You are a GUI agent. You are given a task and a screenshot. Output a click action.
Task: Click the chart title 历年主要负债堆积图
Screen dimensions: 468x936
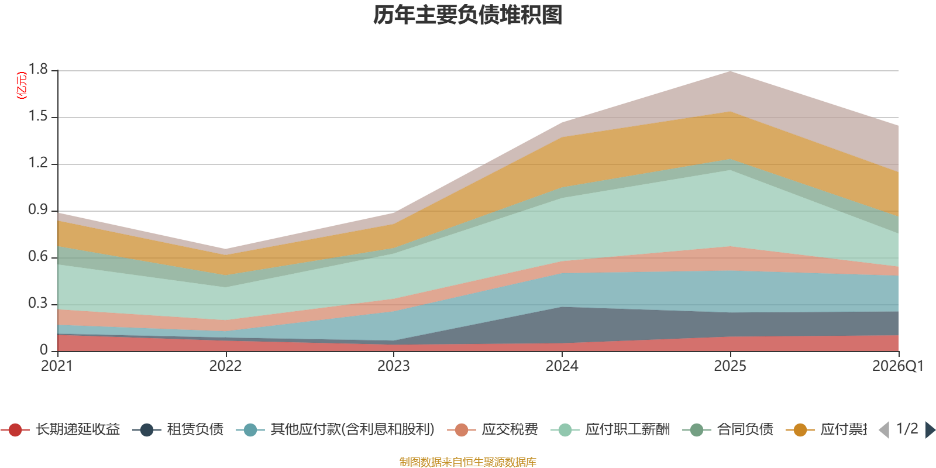coord(468,15)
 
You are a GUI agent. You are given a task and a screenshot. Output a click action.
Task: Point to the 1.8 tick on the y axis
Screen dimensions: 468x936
coord(39,70)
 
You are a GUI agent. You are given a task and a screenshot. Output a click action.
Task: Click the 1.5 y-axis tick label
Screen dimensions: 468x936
coord(39,116)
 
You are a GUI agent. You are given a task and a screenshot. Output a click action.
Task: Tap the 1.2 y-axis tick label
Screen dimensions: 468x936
coord(39,163)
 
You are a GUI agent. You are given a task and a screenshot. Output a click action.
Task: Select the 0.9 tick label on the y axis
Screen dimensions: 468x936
coord(39,210)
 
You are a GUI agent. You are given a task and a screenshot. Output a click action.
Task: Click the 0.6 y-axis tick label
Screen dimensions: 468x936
coord(39,257)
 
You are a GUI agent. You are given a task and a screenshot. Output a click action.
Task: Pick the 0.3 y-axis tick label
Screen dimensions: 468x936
coord(39,304)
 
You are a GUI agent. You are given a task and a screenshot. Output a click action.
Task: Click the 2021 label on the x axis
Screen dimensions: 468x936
coord(57,366)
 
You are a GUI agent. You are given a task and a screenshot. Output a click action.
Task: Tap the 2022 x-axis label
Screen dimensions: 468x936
coord(225,366)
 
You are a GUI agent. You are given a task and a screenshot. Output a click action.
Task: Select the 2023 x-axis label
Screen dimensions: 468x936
coord(393,366)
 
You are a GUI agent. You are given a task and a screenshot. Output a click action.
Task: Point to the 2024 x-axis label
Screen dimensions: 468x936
coord(562,366)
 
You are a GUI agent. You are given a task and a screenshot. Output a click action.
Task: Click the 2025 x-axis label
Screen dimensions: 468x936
coord(729,366)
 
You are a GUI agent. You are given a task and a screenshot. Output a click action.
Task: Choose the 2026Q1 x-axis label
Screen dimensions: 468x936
coord(897,366)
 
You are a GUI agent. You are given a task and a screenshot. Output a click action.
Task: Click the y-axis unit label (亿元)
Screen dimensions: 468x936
coord(22,85)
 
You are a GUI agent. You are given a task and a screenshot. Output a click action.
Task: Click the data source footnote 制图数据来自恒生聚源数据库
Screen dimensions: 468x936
coord(468,462)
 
